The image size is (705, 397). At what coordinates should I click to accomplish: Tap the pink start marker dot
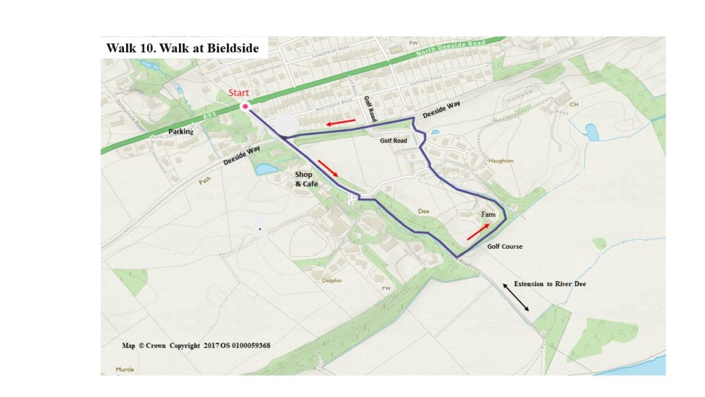(244, 106)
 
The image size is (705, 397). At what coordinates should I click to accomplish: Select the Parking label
(182, 131)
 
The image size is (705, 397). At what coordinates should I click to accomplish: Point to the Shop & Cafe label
(307, 179)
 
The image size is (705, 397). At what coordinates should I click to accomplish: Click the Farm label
(488, 216)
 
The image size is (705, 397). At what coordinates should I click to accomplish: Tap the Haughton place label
(501, 161)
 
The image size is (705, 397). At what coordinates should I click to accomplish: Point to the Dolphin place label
(332, 281)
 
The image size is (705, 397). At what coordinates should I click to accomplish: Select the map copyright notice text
(196, 345)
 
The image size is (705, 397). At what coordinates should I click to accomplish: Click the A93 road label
(209, 118)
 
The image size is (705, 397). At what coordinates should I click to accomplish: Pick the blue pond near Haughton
(591, 131)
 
